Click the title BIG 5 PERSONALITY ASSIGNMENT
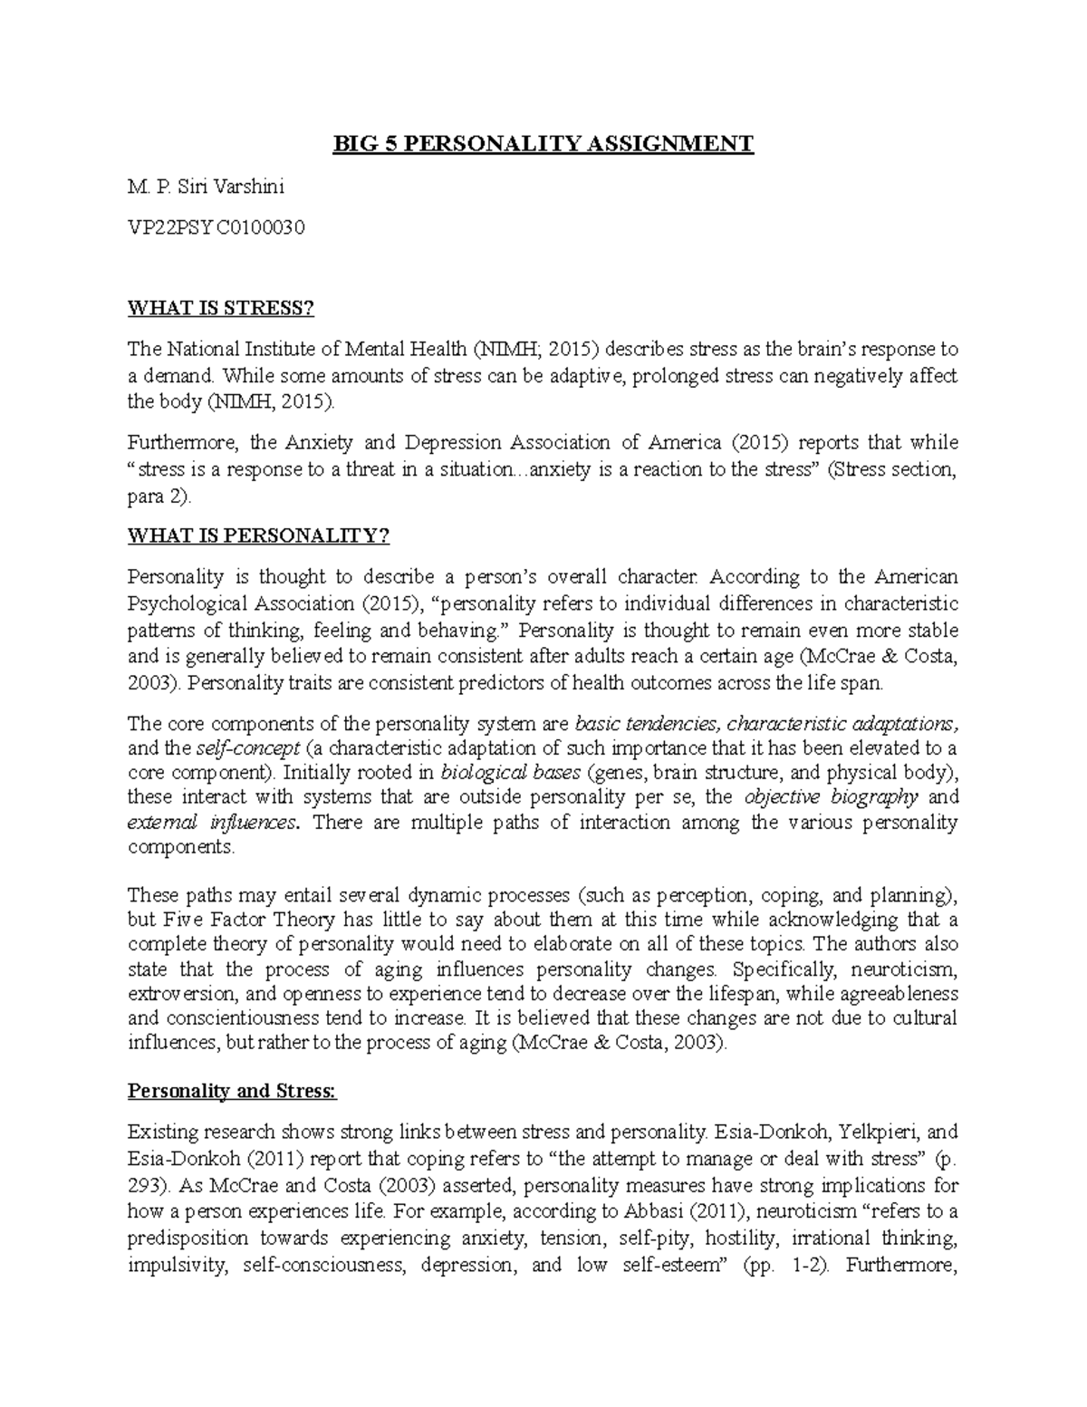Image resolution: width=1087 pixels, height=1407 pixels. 543,144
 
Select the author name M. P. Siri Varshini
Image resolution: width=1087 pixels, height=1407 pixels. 206,188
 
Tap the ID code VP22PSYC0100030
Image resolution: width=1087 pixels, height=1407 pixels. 216,228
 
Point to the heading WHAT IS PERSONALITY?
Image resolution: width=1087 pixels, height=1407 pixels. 258,535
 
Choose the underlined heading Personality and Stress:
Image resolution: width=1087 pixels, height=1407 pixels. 232,1091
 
